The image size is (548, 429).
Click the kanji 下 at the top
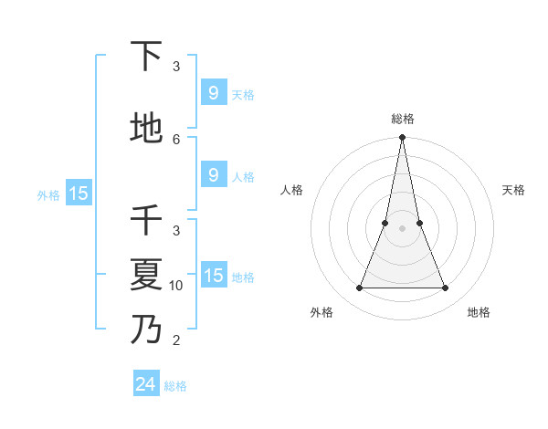(147, 57)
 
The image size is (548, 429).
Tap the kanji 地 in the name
(147, 129)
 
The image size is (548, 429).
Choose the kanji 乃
(147, 329)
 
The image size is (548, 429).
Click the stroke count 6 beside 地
(176, 139)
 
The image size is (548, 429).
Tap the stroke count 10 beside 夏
(176, 285)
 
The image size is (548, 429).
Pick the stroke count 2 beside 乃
(176, 340)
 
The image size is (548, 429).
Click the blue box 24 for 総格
(146, 384)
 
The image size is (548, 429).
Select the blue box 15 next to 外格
(78, 193)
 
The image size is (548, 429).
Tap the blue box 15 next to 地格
(213, 276)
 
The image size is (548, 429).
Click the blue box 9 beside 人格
(213, 175)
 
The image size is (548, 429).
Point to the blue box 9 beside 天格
(213, 92)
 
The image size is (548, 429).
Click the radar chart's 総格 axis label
(403, 119)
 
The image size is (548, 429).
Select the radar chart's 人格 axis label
(292, 190)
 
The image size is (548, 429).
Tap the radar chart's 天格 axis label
(513, 190)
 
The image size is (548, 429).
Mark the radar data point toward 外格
(359, 288)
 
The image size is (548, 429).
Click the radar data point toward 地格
(446, 288)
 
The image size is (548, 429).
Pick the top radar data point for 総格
(403, 138)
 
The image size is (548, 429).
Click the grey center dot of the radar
(403, 228)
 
